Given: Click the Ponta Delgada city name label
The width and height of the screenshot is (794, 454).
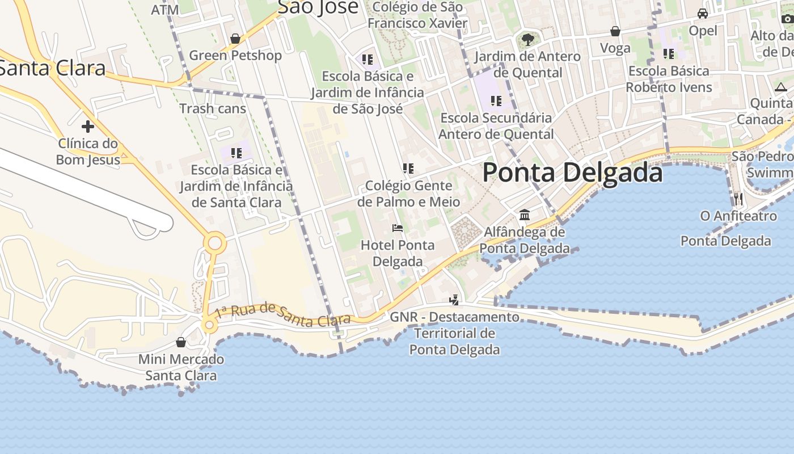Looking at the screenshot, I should (x=572, y=173).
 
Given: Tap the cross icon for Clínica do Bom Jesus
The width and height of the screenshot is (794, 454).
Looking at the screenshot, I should (x=88, y=126).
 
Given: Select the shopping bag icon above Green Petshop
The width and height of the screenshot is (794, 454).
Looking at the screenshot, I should (x=235, y=39).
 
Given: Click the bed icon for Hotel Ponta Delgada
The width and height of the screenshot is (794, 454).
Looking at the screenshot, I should (x=398, y=228).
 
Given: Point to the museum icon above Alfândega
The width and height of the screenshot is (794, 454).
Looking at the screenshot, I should (x=525, y=215).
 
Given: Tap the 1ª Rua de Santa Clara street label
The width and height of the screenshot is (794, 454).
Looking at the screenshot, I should (x=283, y=315).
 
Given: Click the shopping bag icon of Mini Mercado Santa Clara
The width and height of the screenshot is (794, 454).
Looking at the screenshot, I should (x=181, y=342).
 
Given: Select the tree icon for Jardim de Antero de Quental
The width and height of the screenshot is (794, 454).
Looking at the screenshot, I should (x=527, y=40).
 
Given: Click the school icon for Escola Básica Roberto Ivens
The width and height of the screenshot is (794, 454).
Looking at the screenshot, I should (x=669, y=54).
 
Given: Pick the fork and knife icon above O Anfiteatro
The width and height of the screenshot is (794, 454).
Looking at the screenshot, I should (x=738, y=199).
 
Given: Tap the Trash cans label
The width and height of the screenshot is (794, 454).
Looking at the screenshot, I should (x=213, y=108).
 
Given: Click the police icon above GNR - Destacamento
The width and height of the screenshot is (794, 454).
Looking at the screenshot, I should (x=454, y=300).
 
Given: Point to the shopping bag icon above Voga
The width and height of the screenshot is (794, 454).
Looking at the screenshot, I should (x=615, y=31).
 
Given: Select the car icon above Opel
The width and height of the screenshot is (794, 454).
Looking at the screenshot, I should (x=703, y=14).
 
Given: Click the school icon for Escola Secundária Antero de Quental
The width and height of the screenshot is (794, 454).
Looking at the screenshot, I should (x=496, y=101).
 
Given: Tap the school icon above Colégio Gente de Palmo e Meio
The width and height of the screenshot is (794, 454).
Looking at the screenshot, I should (x=408, y=169).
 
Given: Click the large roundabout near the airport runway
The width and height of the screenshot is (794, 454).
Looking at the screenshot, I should (x=215, y=244).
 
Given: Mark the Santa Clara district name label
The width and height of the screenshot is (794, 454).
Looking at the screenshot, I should (x=51, y=68).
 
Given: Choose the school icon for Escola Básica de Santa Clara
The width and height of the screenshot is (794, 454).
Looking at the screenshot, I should (x=236, y=153).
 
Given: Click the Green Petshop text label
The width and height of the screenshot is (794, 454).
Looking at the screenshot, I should (x=235, y=56).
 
